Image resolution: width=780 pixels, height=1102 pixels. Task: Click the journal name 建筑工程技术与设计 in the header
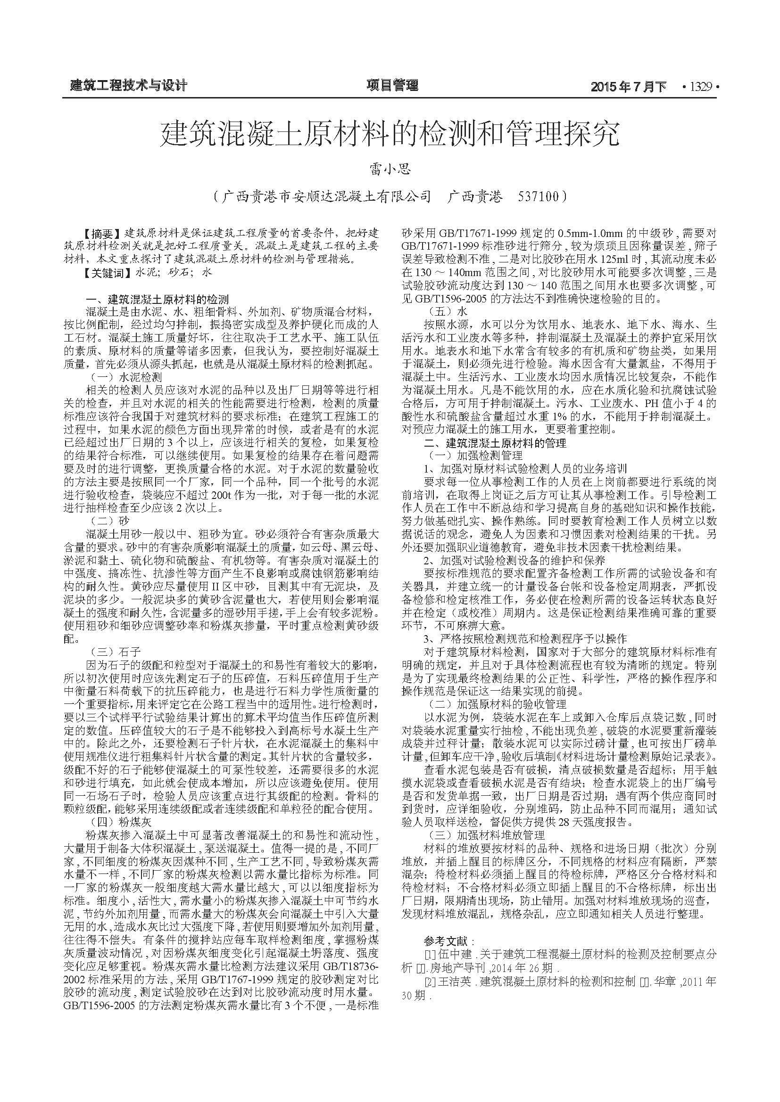coord(128,86)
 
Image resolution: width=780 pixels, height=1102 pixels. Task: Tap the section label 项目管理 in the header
coord(392,85)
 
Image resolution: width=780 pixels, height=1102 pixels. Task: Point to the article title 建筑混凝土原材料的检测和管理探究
coord(390,134)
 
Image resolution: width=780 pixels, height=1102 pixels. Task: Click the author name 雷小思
coord(390,170)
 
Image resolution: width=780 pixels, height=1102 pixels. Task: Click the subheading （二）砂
coord(110,520)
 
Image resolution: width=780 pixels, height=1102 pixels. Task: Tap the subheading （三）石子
coord(116,651)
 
